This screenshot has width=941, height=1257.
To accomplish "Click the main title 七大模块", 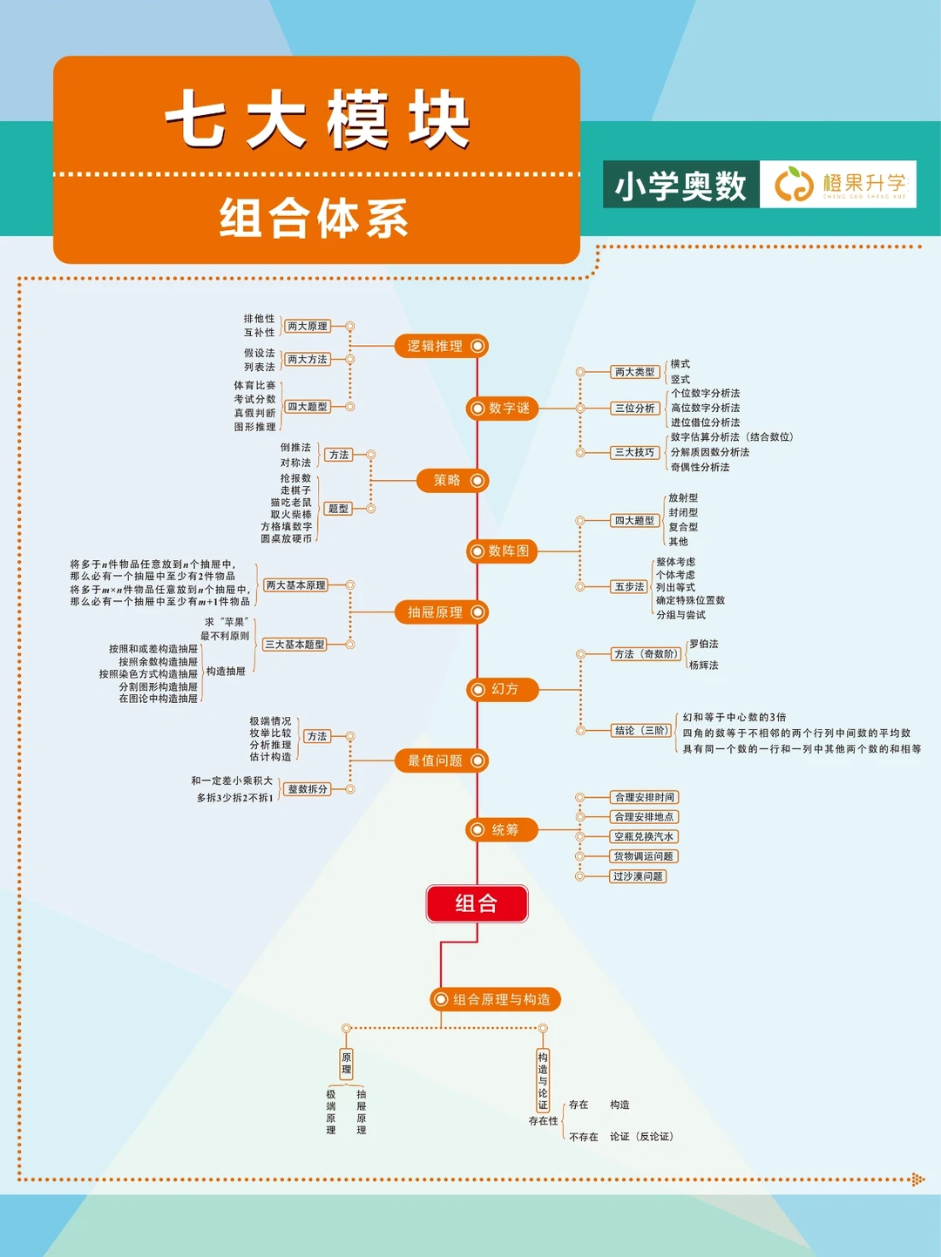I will pos(317,119).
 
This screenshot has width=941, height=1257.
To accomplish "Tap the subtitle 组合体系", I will pos(314,218).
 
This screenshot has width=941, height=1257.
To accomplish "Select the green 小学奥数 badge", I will pos(680,185).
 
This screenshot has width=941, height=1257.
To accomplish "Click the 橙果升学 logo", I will pos(838,185).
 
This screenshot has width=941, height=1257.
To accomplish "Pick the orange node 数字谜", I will pos(503,408).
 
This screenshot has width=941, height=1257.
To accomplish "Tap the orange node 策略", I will pos(452,480).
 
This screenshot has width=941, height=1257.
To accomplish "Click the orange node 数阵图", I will pos(503,551).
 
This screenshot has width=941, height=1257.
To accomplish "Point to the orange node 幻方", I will pos(503,689).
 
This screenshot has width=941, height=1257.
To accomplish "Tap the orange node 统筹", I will pos(503,829).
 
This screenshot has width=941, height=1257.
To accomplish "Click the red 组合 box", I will pos(477,903).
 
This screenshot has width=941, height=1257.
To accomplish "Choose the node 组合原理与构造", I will pos(496,999).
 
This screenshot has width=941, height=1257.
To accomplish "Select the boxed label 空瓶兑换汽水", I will pos(644,836).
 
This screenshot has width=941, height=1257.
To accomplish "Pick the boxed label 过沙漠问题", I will pos(638,876).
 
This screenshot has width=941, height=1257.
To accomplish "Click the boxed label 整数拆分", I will pos(308,789).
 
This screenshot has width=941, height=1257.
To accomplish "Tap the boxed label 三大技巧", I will pos(634,452).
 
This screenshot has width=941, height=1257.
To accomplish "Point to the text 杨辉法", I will pos(704,665).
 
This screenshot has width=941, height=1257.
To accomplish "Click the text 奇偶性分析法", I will pos(700,467).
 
